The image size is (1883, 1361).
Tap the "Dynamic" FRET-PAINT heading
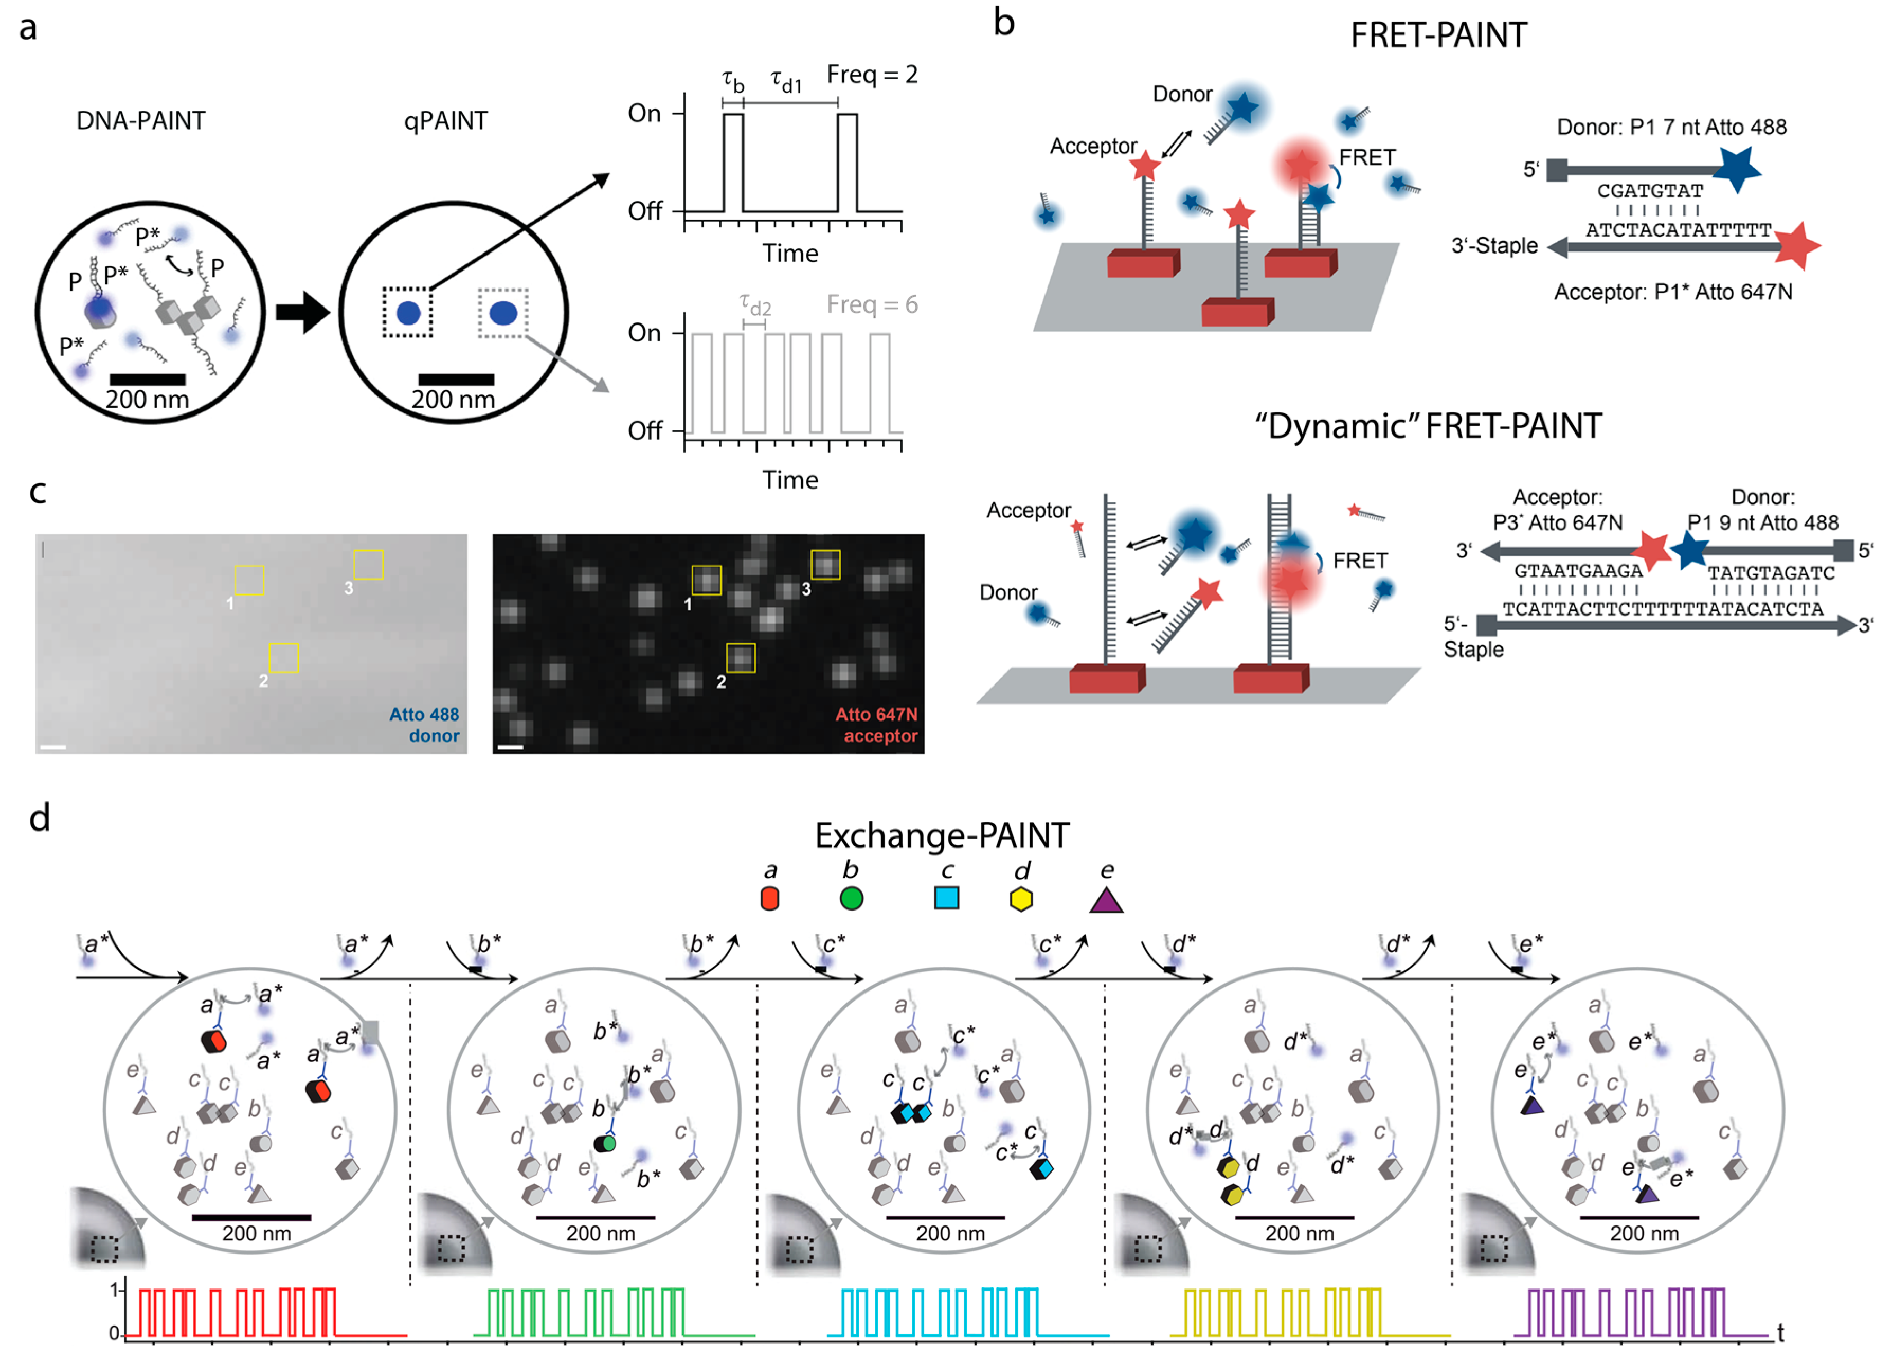click(1428, 427)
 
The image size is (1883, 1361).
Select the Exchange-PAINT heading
click(941, 835)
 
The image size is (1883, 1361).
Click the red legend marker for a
click(770, 898)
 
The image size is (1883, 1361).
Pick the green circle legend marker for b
click(851, 898)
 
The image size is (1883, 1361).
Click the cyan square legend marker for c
click(947, 898)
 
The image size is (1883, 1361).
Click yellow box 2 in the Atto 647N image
click(741, 657)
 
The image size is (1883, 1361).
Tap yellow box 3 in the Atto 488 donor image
click(368, 565)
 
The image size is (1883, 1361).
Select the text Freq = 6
click(872, 305)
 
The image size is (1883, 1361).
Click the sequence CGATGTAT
click(1650, 191)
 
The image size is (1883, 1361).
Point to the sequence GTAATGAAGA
click(1578, 571)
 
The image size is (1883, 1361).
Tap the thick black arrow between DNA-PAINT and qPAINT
click(302, 312)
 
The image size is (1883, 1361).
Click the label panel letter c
click(38, 492)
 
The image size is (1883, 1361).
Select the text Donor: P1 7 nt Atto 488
click(1671, 127)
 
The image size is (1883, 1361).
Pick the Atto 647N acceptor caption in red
click(877, 725)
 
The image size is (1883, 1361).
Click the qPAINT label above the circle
click(445, 121)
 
